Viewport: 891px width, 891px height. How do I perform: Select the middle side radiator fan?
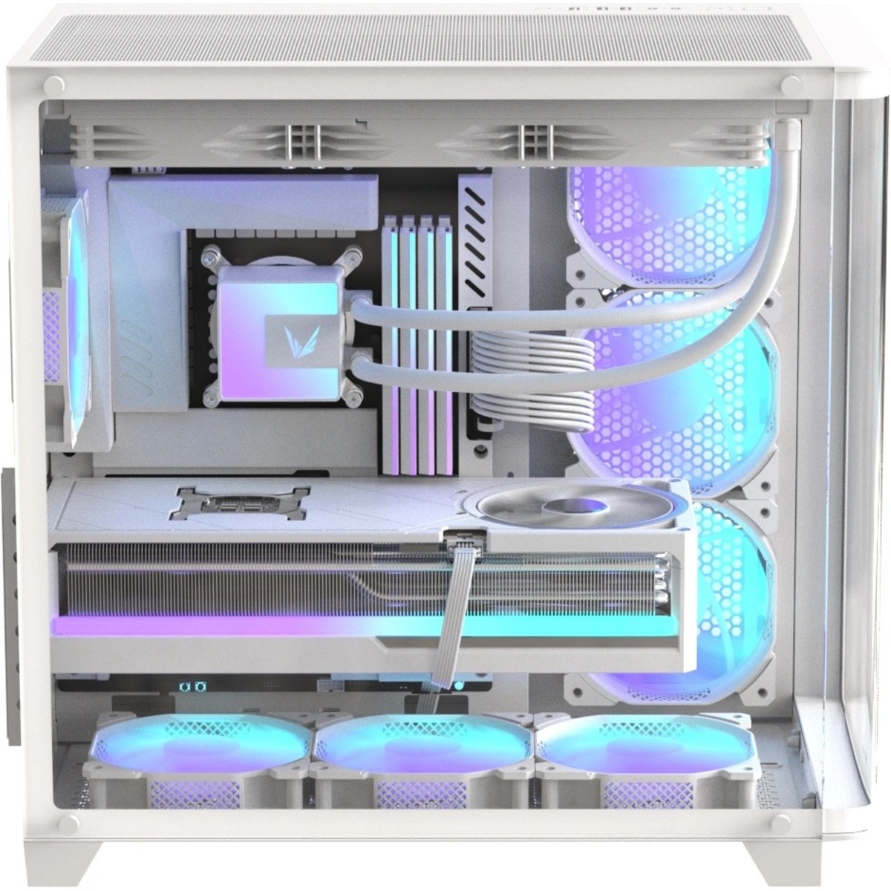pyautogui.click(x=668, y=394)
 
